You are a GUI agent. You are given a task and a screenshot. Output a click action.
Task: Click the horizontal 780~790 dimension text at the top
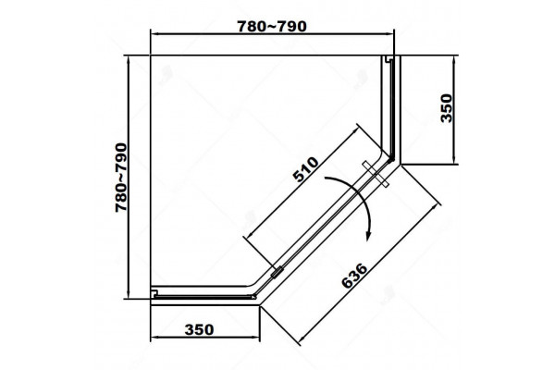point(271,27)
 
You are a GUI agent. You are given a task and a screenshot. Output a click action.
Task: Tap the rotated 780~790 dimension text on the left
point(121,178)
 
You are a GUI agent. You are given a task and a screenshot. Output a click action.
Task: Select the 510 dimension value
point(306,169)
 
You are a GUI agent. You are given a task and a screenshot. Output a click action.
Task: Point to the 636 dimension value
point(354,276)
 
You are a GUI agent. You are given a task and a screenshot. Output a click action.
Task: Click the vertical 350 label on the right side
point(447,108)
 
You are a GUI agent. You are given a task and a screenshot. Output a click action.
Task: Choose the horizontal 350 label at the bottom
point(199,329)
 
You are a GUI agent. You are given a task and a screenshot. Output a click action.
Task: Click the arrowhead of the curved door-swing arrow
point(368,237)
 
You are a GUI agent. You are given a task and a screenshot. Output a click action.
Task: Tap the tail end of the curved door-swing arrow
point(325,179)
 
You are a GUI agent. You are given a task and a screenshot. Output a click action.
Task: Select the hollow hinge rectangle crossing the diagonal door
point(376,174)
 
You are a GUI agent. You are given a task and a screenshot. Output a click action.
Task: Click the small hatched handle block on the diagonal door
point(277,272)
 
